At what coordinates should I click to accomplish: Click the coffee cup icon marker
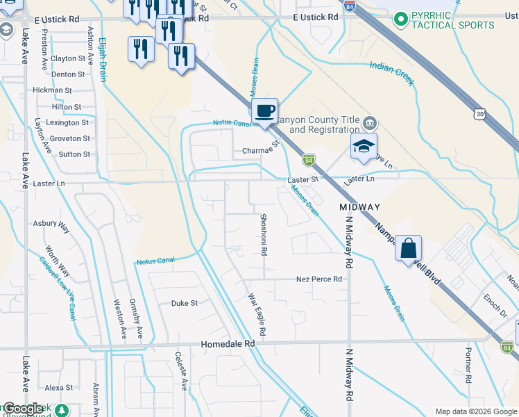[264, 111]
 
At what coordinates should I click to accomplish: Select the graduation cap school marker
[362, 147]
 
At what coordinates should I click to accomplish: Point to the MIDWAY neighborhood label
[359, 207]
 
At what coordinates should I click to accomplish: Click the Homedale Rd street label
[228, 343]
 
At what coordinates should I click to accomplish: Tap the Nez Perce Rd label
[319, 279]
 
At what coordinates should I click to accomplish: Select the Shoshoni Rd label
[264, 234]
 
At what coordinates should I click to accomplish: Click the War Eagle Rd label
[257, 316]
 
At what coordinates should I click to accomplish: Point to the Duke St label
[185, 303]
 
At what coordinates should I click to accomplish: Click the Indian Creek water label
[392, 73]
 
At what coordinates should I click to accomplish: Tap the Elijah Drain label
[102, 60]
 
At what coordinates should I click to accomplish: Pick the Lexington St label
[67, 122]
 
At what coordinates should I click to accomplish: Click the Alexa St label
[59, 388]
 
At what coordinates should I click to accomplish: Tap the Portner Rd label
[469, 366]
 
